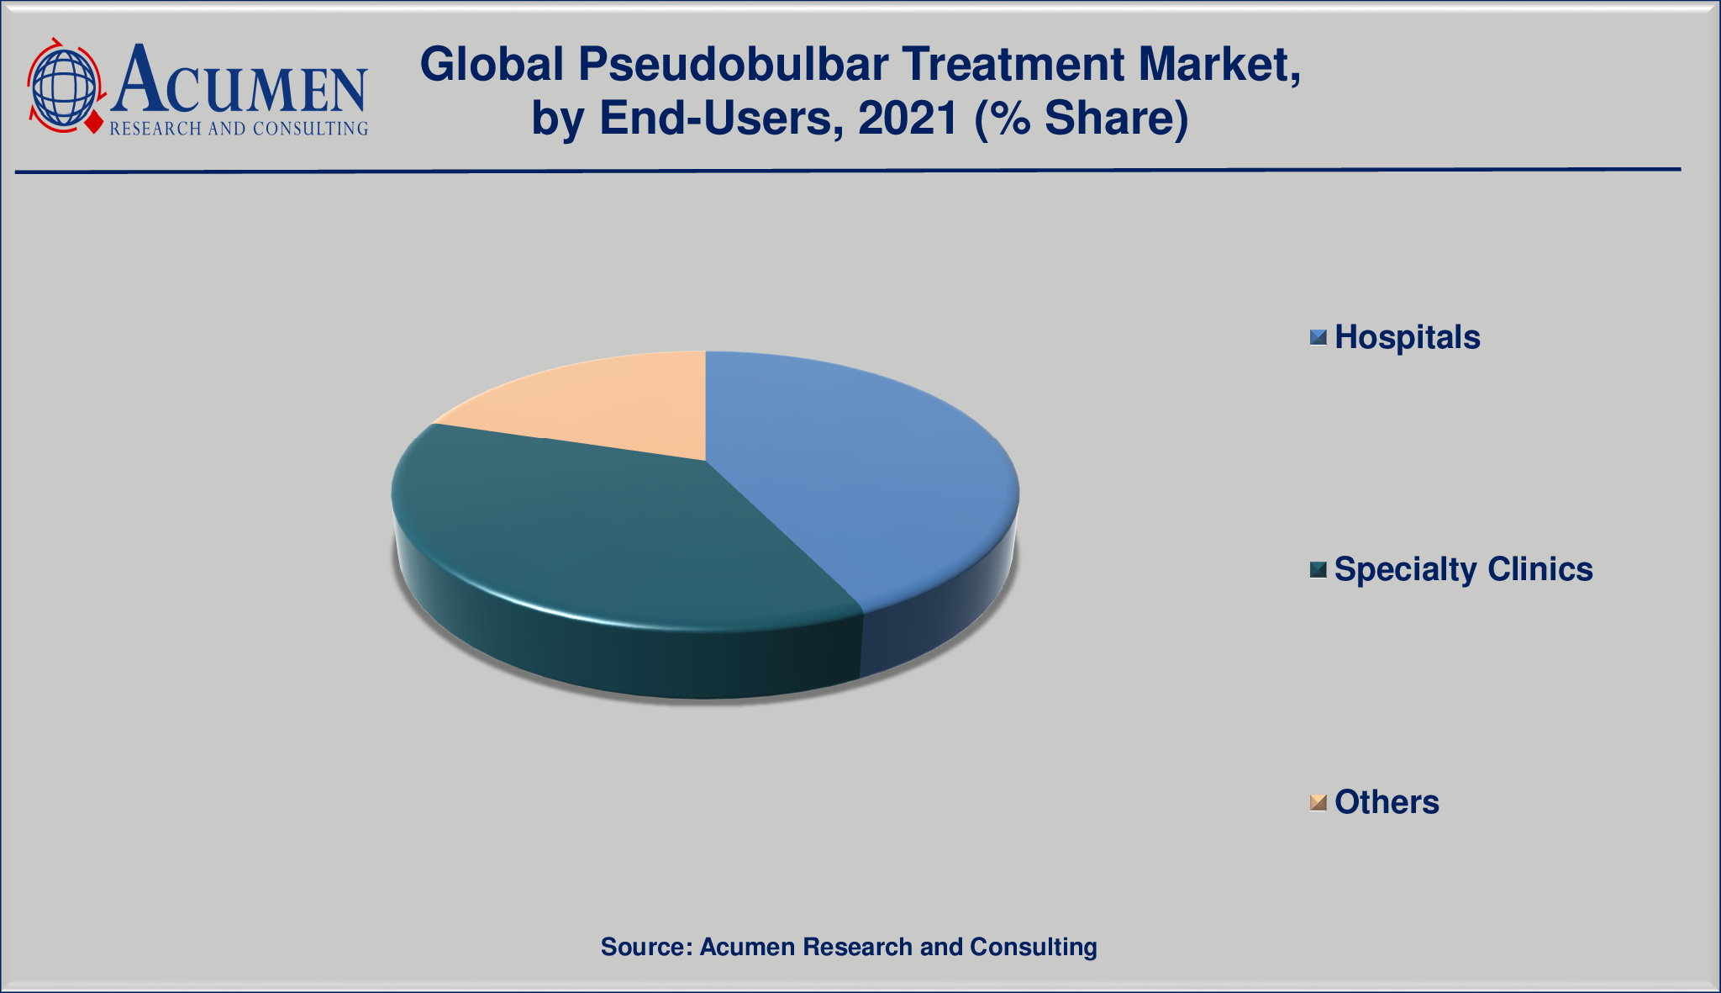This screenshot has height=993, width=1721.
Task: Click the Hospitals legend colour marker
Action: click(1318, 337)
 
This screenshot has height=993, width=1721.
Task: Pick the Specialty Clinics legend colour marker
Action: click(1318, 570)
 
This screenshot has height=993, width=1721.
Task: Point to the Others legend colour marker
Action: click(1318, 802)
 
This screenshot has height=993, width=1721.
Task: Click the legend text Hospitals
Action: click(1408, 337)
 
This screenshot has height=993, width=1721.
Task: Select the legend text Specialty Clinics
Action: click(1464, 569)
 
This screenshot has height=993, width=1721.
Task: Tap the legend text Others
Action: click(1387, 802)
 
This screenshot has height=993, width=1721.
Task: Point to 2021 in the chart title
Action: click(908, 119)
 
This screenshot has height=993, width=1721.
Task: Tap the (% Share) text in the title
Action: click(1082, 119)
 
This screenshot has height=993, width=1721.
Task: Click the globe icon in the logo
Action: click(64, 87)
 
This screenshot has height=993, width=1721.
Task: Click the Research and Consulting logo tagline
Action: click(239, 128)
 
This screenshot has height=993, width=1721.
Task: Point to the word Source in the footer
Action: click(645, 947)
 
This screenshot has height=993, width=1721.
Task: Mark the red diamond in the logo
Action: click(92, 124)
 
